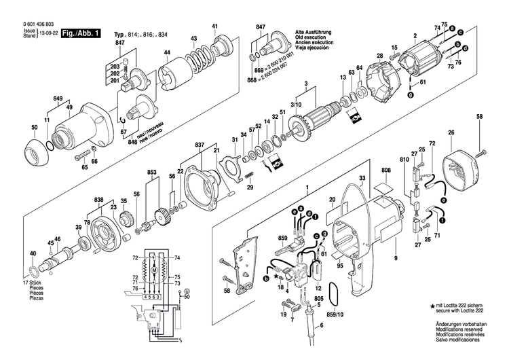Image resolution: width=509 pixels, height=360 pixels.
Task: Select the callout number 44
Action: (168, 53)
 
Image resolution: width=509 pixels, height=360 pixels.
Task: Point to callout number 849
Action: (58, 98)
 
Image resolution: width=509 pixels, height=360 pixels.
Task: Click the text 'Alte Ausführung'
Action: (312, 33)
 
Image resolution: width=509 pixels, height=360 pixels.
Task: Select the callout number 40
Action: (33, 253)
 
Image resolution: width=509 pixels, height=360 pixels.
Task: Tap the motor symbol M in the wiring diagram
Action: (155, 271)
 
